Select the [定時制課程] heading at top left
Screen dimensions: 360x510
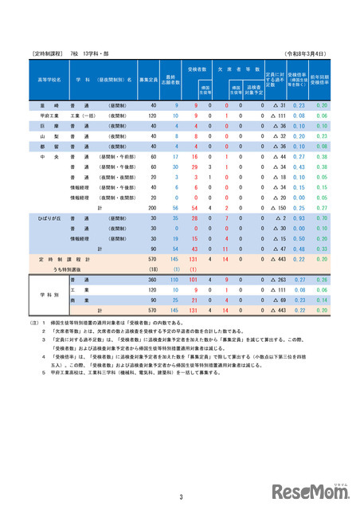coord(48,53)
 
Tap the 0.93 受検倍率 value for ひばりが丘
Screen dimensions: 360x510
coord(299,218)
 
